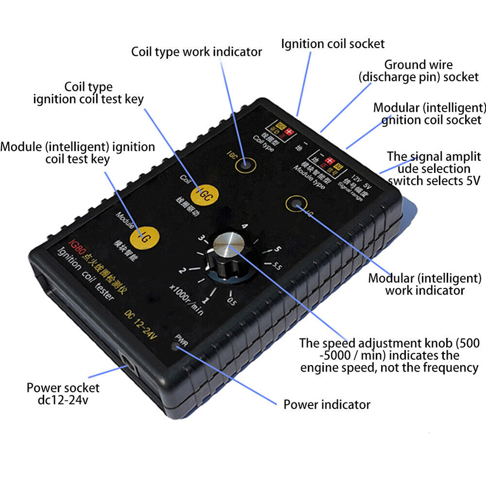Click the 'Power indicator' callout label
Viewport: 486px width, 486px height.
[327, 404]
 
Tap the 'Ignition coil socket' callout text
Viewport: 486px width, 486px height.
[332, 44]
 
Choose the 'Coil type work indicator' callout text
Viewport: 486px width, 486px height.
[196, 52]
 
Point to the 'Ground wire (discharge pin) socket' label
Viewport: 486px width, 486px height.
[418, 71]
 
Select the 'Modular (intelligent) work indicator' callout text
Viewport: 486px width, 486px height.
[425, 284]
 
